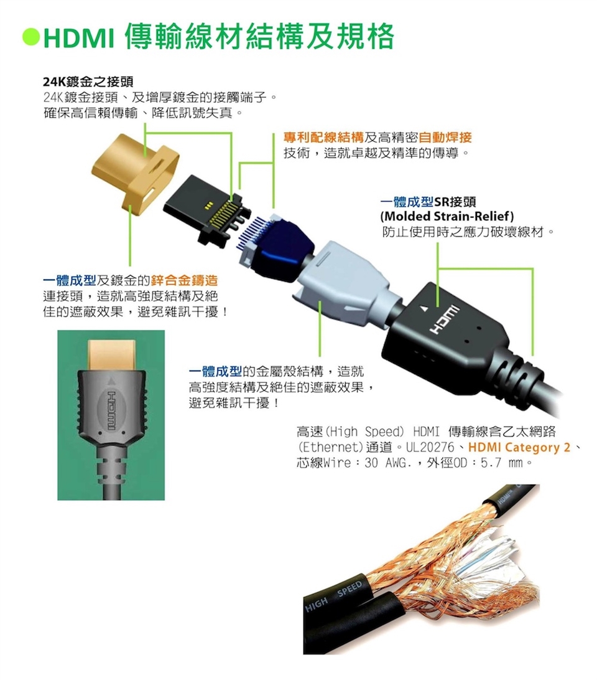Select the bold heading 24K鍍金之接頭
(x=88, y=82)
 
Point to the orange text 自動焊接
(x=445, y=138)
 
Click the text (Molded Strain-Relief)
(x=448, y=216)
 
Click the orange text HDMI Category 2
(x=519, y=447)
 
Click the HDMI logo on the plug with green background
(x=112, y=410)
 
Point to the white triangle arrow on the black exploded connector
(x=425, y=309)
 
